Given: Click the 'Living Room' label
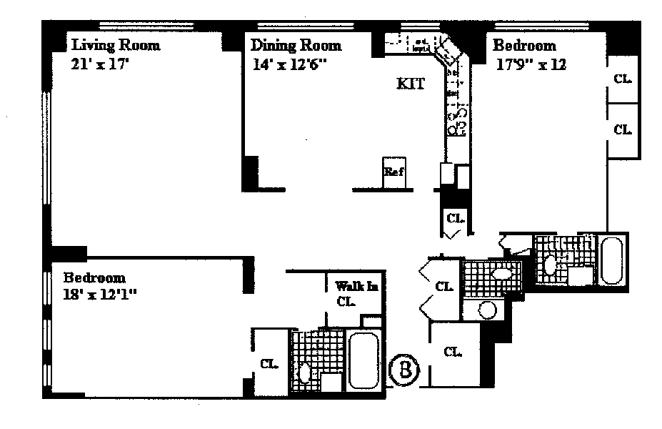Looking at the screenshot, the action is coord(115,46).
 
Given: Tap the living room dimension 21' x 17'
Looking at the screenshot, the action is coord(99,64).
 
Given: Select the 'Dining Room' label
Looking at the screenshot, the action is coord(296,46).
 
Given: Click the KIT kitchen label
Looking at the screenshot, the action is coord(411,84).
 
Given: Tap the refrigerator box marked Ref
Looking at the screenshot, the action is coord(395,172).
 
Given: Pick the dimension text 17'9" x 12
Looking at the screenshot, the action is coord(531,64).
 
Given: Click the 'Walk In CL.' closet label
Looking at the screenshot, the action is coord(351,293).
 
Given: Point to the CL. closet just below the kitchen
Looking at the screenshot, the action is coord(455,217).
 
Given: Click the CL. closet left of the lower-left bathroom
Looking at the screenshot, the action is coord(269,363).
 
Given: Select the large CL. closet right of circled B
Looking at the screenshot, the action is coord(452,351).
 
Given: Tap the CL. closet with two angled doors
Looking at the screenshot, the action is coord(443,287).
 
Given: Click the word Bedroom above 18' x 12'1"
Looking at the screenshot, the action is coord(94,277).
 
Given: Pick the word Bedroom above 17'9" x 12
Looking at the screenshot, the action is coord(525,46).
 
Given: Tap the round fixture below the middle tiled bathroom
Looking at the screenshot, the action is coord(487,310).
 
